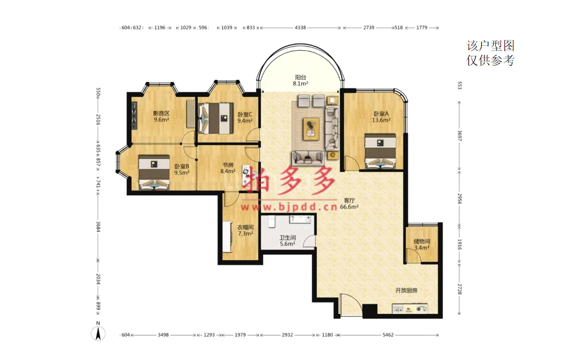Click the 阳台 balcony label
(x=301, y=77)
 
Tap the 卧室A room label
(x=381, y=114)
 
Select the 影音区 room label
(x=162, y=114)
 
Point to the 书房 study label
(x=228, y=165)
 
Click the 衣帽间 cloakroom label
(x=245, y=227)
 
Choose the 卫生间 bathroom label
(x=288, y=237)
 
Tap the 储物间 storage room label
(x=422, y=241)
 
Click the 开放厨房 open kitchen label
(x=406, y=290)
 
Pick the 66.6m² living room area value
(x=350, y=206)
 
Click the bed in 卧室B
(x=154, y=173)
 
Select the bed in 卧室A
(x=380, y=151)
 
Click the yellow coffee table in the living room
(x=311, y=129)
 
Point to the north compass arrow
(x=99, y=333)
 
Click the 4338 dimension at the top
(x=300, y=28)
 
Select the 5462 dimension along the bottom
(x=388, y=335)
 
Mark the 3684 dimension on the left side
(x=99, y=227)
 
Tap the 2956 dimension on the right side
(x=460, y=199)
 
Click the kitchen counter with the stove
(x=410, y=308)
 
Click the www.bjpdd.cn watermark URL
(x=289, y=206)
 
